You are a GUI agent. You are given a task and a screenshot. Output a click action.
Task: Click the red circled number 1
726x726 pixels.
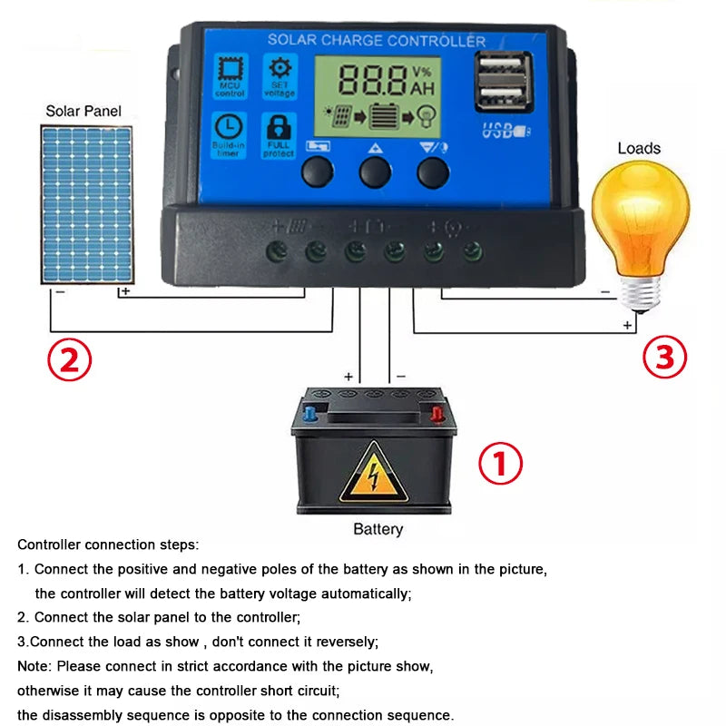coord(500,465)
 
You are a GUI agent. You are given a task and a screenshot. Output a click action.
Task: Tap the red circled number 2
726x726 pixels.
coord(70,360)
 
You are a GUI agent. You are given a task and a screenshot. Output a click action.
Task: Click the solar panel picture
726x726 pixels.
coord(85,204)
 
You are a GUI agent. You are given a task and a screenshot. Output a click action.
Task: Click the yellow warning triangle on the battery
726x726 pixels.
coord(373,473)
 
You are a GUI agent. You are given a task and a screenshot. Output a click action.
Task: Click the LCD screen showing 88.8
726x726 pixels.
coord(377,96)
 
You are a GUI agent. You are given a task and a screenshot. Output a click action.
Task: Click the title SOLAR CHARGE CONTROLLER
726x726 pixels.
coord(376,41)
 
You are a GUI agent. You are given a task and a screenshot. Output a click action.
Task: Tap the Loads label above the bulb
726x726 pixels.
coord(639,148)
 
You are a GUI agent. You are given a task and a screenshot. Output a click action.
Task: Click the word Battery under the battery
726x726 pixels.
coord(378,529)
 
